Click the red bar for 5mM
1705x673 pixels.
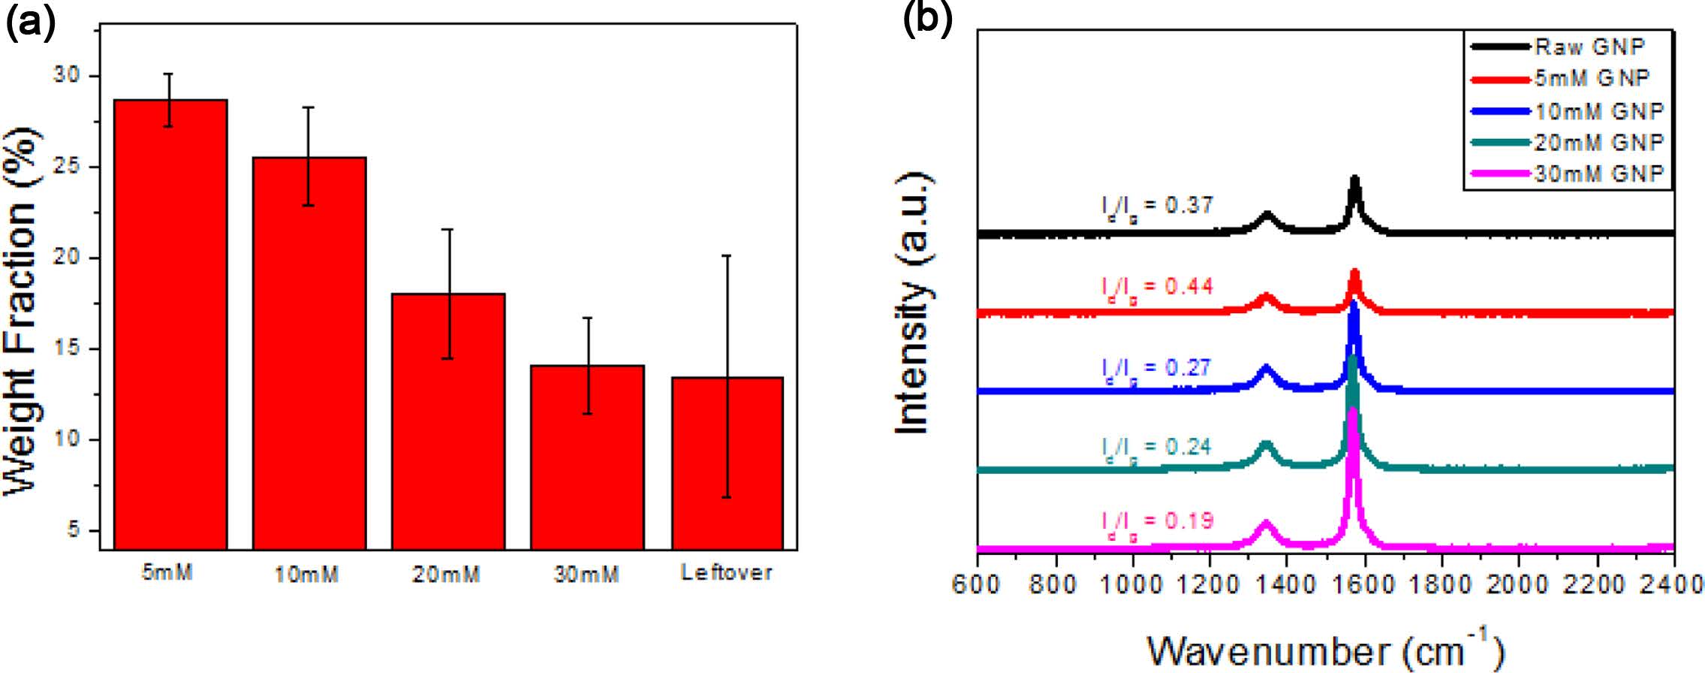170,323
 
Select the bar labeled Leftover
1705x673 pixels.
727,463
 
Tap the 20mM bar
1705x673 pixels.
448,421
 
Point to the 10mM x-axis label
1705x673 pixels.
306,575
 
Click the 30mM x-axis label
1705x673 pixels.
586,575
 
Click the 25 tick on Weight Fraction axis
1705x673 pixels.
67,167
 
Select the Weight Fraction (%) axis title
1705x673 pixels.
21,312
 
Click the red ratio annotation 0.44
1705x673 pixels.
1157,288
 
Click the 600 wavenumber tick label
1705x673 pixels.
975,584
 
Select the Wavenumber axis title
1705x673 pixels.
1325,650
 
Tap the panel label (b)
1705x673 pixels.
928,18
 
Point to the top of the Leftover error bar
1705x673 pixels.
727,256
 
